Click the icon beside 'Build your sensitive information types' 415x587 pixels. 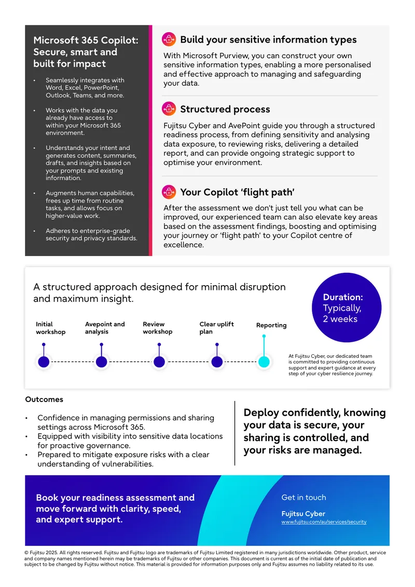(169, 39)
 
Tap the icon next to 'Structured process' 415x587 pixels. (169, 109)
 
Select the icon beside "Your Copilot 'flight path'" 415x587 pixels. (169, 192)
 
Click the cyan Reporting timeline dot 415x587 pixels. (264, 362)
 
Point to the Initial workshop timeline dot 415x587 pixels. (44, 362)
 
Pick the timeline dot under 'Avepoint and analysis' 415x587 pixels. (101, 362)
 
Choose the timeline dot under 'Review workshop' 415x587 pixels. (159, 362)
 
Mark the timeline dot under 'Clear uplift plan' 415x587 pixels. (217, 362)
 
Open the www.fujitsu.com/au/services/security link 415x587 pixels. (324, 522)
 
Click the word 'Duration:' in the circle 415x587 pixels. (343, 297)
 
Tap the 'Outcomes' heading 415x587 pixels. (44, 399)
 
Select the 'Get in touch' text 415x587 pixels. (303, 498)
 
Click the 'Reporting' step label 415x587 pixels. (271, 325)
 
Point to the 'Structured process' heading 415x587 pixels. (225, 109)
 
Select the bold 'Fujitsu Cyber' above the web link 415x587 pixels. (303, 514)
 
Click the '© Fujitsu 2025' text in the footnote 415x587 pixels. (41, 553)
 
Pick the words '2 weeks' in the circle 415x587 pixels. (340, 319)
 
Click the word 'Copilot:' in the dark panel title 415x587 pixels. (119, 41)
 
